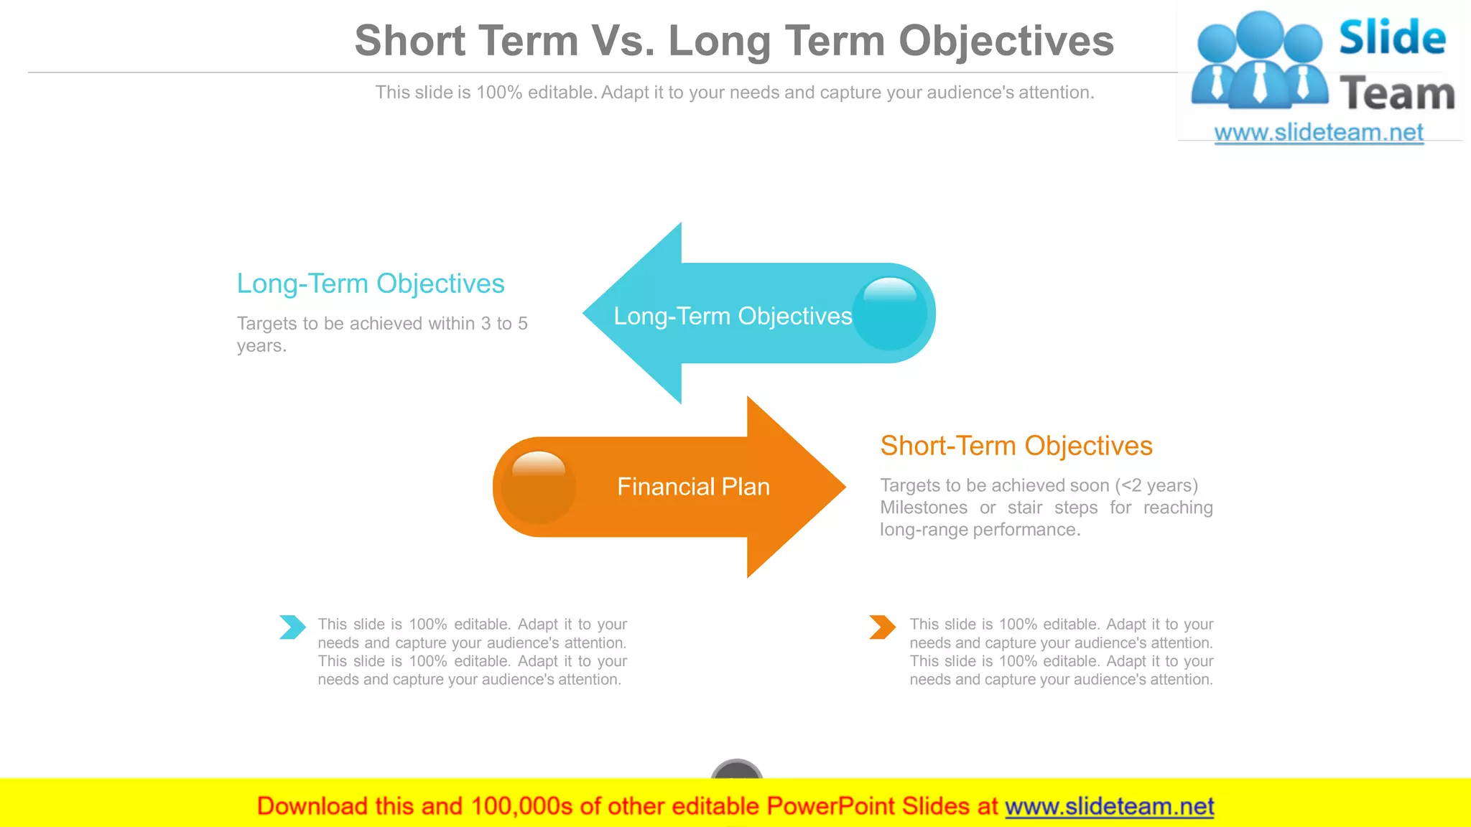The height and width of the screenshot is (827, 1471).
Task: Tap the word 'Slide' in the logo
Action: tap(1392, 37)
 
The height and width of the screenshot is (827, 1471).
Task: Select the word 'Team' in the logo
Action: tap(1397, 94)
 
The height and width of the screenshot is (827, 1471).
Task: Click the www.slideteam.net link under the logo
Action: tap(1319, 133)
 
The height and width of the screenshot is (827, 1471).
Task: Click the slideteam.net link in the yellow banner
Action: tap(1109, 807)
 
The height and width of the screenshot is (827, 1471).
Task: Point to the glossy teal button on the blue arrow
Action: tap(891, 314)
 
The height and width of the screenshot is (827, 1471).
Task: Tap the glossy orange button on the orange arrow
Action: tap(538, 487)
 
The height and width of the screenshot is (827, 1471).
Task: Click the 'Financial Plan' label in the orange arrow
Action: tap(693, 487)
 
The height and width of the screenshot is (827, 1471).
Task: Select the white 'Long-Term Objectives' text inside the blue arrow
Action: tap(733, 317)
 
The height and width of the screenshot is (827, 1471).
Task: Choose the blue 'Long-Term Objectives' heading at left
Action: tap(371, 284)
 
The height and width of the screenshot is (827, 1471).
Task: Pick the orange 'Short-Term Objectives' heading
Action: tap(1016, 447)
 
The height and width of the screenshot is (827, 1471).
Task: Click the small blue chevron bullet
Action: tap(292, 627)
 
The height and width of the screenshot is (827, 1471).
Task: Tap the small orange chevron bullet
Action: tap(882, 627)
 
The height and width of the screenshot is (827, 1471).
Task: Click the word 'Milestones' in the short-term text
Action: tap(924, 508)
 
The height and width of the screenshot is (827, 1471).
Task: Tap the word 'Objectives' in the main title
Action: tap(1006, 41)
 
